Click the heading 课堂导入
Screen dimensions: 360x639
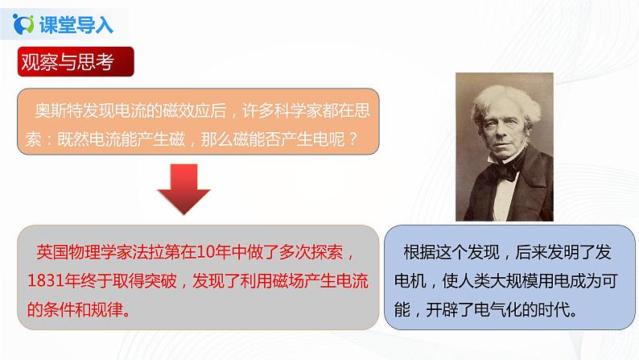pos(76,24)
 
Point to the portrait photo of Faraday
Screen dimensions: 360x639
pos(505,147)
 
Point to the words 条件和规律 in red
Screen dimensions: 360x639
pos(83,308)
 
